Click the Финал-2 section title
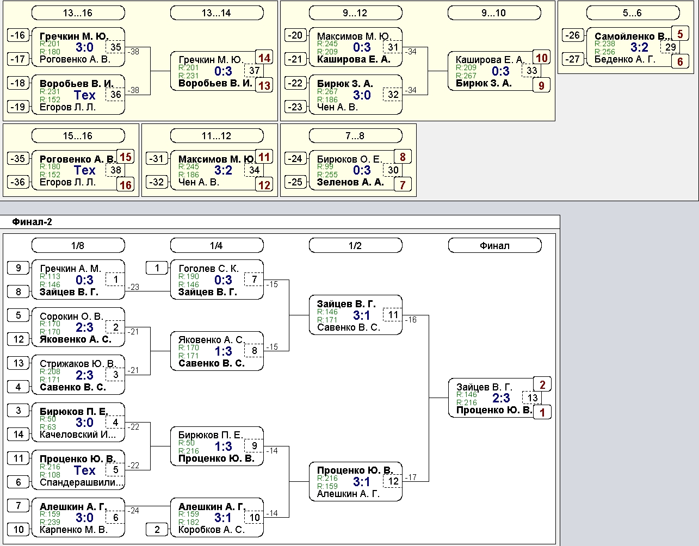[32, 222]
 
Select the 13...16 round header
[78, 13]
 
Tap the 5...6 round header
[633, 13]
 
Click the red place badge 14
[264, 58]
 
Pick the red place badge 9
[541, 85]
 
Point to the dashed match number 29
[670, 47]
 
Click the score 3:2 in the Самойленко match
[639, 47]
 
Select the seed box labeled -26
[573, 35]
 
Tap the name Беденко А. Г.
[624, 59]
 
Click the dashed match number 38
[115, 170]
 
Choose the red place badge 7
[403, 185]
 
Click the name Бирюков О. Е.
[349, 159]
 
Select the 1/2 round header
[355, 246]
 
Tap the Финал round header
[494, 246]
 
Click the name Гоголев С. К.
[208, 269]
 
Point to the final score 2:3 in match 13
[501, 398]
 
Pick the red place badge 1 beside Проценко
[542, 412]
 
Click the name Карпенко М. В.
[73, 530]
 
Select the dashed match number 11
[393, 315]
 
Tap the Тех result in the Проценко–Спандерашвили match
[85, 470]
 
